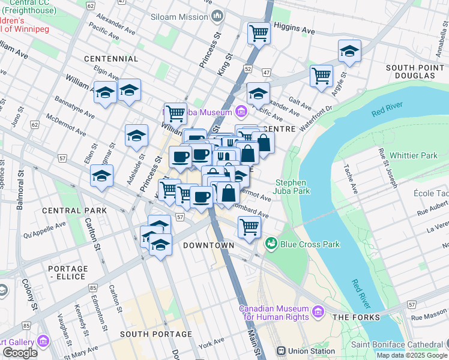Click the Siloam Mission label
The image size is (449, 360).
coord(179,17)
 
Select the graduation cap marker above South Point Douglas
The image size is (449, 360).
coord(349,52)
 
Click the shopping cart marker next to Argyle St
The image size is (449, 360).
coord(322,76)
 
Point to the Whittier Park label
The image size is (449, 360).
coord(414,155)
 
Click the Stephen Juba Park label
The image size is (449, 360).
coord(291,187)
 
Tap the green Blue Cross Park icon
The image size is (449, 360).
coord(271,244)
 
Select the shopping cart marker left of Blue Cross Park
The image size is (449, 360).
coord(249,227)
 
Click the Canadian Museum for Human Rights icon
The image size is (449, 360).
coord(318,313)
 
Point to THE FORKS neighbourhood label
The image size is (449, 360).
coord(356,317)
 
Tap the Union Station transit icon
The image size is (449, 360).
coord(280,351)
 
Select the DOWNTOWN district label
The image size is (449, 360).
coord(208,246)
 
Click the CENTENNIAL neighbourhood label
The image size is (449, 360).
coord(111,59)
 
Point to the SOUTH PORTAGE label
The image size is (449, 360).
coord(156,334)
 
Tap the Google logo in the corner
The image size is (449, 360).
coord(20,353)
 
